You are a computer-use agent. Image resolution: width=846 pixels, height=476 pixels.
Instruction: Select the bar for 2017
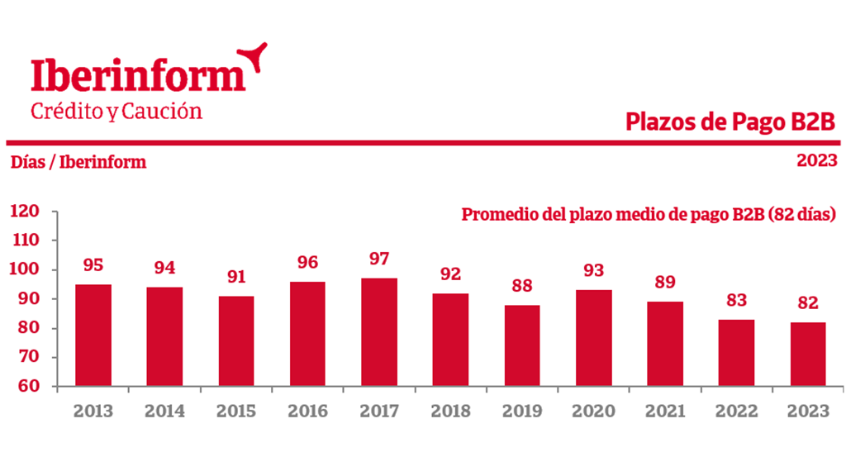(x=379, y=332)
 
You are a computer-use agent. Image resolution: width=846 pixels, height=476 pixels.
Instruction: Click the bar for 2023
(x=809, y=355)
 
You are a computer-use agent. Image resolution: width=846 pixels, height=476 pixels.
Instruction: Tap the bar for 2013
(x=93, y=336)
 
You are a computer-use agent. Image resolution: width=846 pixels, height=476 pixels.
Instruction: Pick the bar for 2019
(x=522, y=345)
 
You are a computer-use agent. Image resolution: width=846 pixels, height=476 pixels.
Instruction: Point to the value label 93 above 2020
(x=593, y=271)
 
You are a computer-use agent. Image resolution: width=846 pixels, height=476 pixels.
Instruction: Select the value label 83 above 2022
(x=736, y=301)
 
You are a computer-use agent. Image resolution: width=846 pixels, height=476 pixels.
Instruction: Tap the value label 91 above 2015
(x=236, y=277)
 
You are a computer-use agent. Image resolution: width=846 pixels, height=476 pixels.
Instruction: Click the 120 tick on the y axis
(x=26, y=212)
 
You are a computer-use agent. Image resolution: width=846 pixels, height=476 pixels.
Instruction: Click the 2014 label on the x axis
(x=164, y=411)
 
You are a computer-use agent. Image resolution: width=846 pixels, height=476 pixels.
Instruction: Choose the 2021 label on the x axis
(x=665, y=411)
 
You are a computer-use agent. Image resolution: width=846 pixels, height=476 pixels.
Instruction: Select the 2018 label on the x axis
(x=450, y=411)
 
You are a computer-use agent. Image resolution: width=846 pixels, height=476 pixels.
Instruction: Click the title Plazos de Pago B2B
(x=730, y=122)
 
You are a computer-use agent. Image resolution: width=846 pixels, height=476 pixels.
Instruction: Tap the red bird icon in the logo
(x=253, y=56)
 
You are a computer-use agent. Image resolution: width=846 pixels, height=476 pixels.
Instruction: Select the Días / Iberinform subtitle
(x=78, y=163)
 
